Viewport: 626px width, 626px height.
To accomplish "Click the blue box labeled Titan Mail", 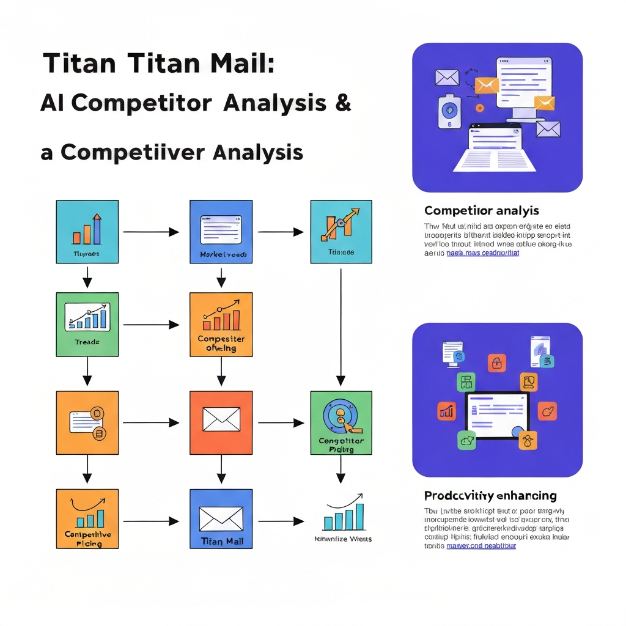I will [221, 518].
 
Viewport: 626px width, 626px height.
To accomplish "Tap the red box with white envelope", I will [221, 422].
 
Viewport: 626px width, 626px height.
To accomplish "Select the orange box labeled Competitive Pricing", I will [87, 518].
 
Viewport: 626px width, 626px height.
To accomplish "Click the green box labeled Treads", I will [87, 325].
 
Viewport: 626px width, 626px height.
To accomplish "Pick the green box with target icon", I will [341, 422].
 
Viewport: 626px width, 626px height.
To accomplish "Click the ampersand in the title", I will [344, 103].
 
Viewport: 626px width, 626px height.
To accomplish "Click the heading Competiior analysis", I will [481, 210].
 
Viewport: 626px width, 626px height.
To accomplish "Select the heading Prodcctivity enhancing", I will [490, 495].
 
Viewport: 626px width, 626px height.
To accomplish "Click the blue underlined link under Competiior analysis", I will [482, 252].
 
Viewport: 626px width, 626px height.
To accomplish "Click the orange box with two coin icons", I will [87, 422].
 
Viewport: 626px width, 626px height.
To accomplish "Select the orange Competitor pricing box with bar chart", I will [221, 325].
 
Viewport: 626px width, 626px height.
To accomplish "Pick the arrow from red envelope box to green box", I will [281, 422].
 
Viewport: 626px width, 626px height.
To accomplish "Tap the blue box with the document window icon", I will [221, 232].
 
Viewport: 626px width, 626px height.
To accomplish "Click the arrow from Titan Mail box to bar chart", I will [281, 521].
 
